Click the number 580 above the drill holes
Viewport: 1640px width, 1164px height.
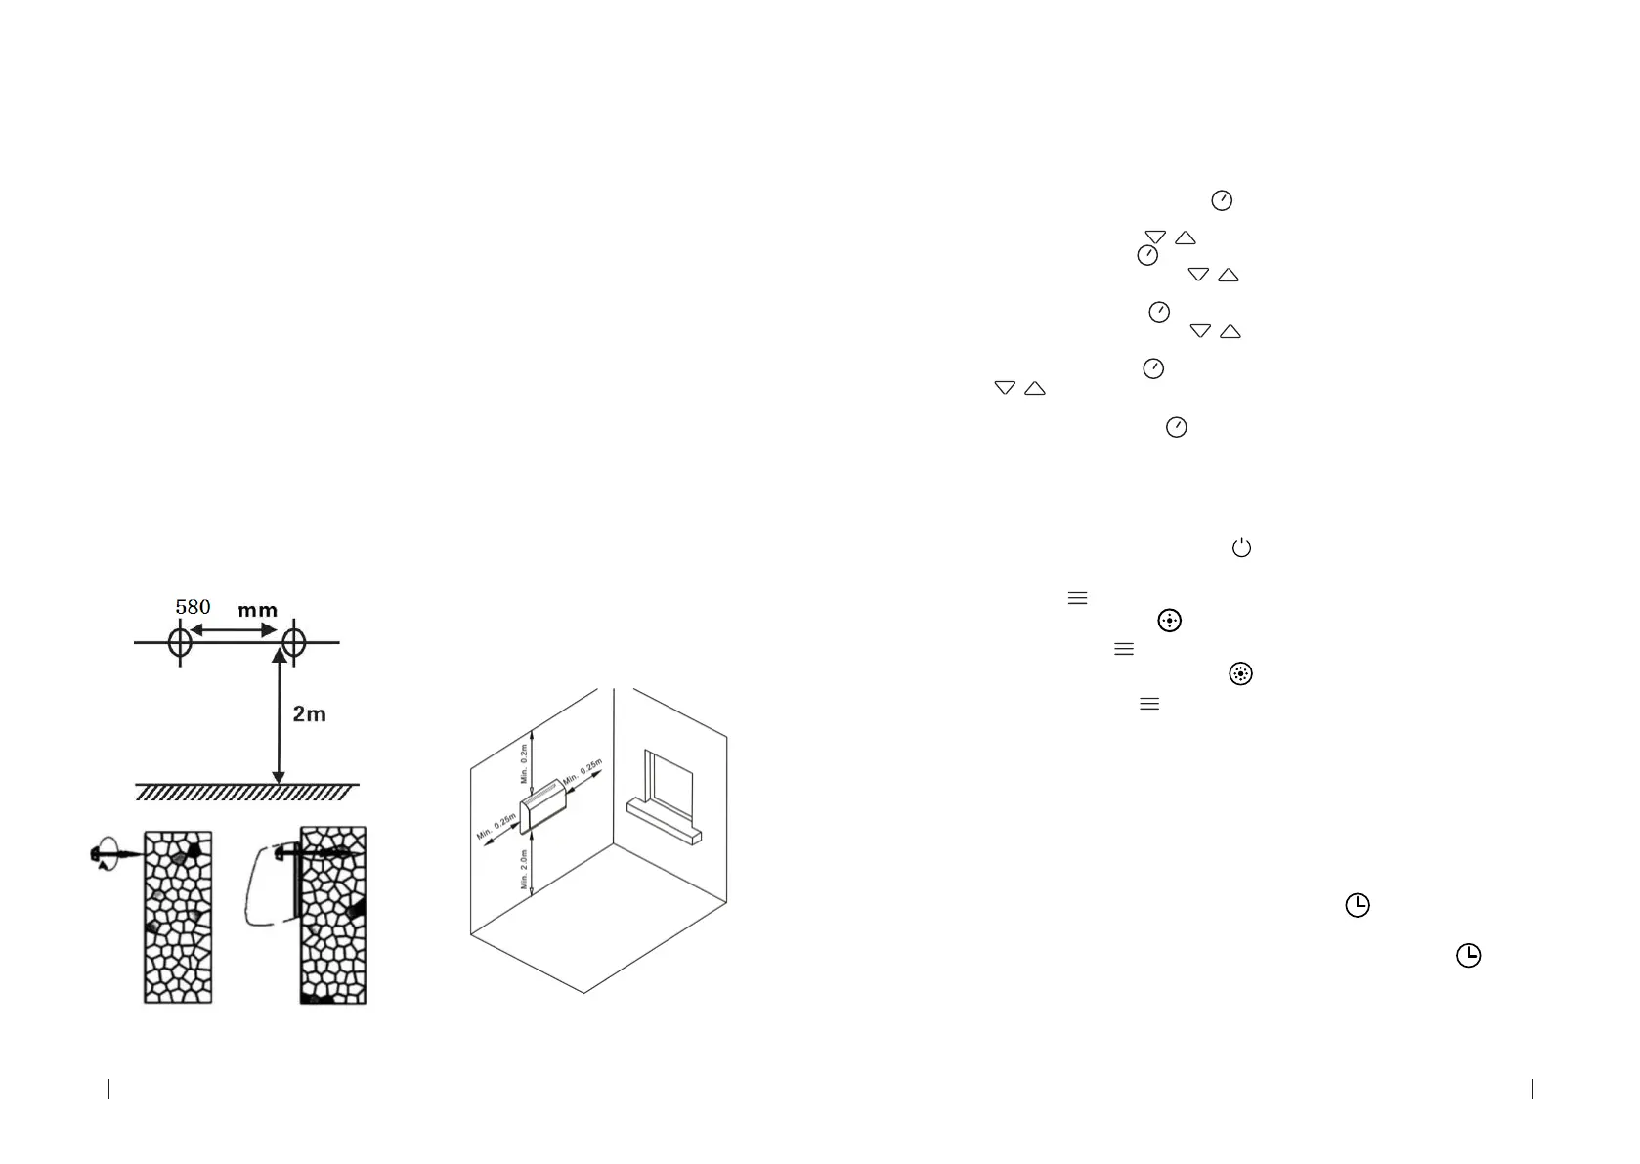193,607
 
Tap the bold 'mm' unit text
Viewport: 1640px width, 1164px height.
258,610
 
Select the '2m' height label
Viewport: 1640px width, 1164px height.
309,714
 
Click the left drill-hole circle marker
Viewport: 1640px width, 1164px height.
180,642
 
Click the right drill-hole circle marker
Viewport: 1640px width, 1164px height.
293,642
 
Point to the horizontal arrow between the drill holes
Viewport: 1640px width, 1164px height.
234,631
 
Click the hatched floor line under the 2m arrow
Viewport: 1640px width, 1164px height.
246,792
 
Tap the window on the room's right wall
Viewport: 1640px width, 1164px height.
669,785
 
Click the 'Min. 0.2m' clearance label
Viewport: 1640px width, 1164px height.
525,763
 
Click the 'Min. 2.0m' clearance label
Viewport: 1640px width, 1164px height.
525,869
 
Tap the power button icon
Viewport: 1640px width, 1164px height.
1241,548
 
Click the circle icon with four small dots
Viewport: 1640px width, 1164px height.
1169,621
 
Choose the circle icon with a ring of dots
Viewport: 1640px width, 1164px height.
1240,673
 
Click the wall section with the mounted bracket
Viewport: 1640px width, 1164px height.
333,916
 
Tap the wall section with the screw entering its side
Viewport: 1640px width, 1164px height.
178,917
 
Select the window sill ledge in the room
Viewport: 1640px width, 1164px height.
665,822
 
